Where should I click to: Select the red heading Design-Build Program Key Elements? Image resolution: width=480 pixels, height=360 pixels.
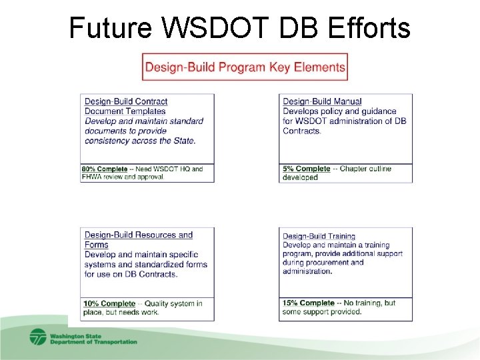point(245,67)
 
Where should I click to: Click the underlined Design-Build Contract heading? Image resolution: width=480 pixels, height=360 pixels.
point(126,101)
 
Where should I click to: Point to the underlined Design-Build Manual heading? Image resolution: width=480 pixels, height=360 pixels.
point(322,101)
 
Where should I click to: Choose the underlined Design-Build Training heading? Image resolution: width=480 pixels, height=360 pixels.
point(319,236)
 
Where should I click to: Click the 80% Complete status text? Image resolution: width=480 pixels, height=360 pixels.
point(105,169)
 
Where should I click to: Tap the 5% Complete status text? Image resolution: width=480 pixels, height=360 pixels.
point(306,169)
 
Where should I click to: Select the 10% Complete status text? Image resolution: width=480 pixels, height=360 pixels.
point(109,303)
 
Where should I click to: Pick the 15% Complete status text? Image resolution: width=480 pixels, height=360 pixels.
point(308,303)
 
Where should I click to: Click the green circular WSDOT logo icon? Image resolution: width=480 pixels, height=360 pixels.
point(38,337)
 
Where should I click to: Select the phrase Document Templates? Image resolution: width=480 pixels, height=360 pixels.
point(125,111)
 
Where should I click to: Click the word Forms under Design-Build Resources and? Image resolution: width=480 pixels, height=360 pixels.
point(97,245)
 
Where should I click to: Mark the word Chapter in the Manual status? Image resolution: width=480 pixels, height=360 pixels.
point(355,169)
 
